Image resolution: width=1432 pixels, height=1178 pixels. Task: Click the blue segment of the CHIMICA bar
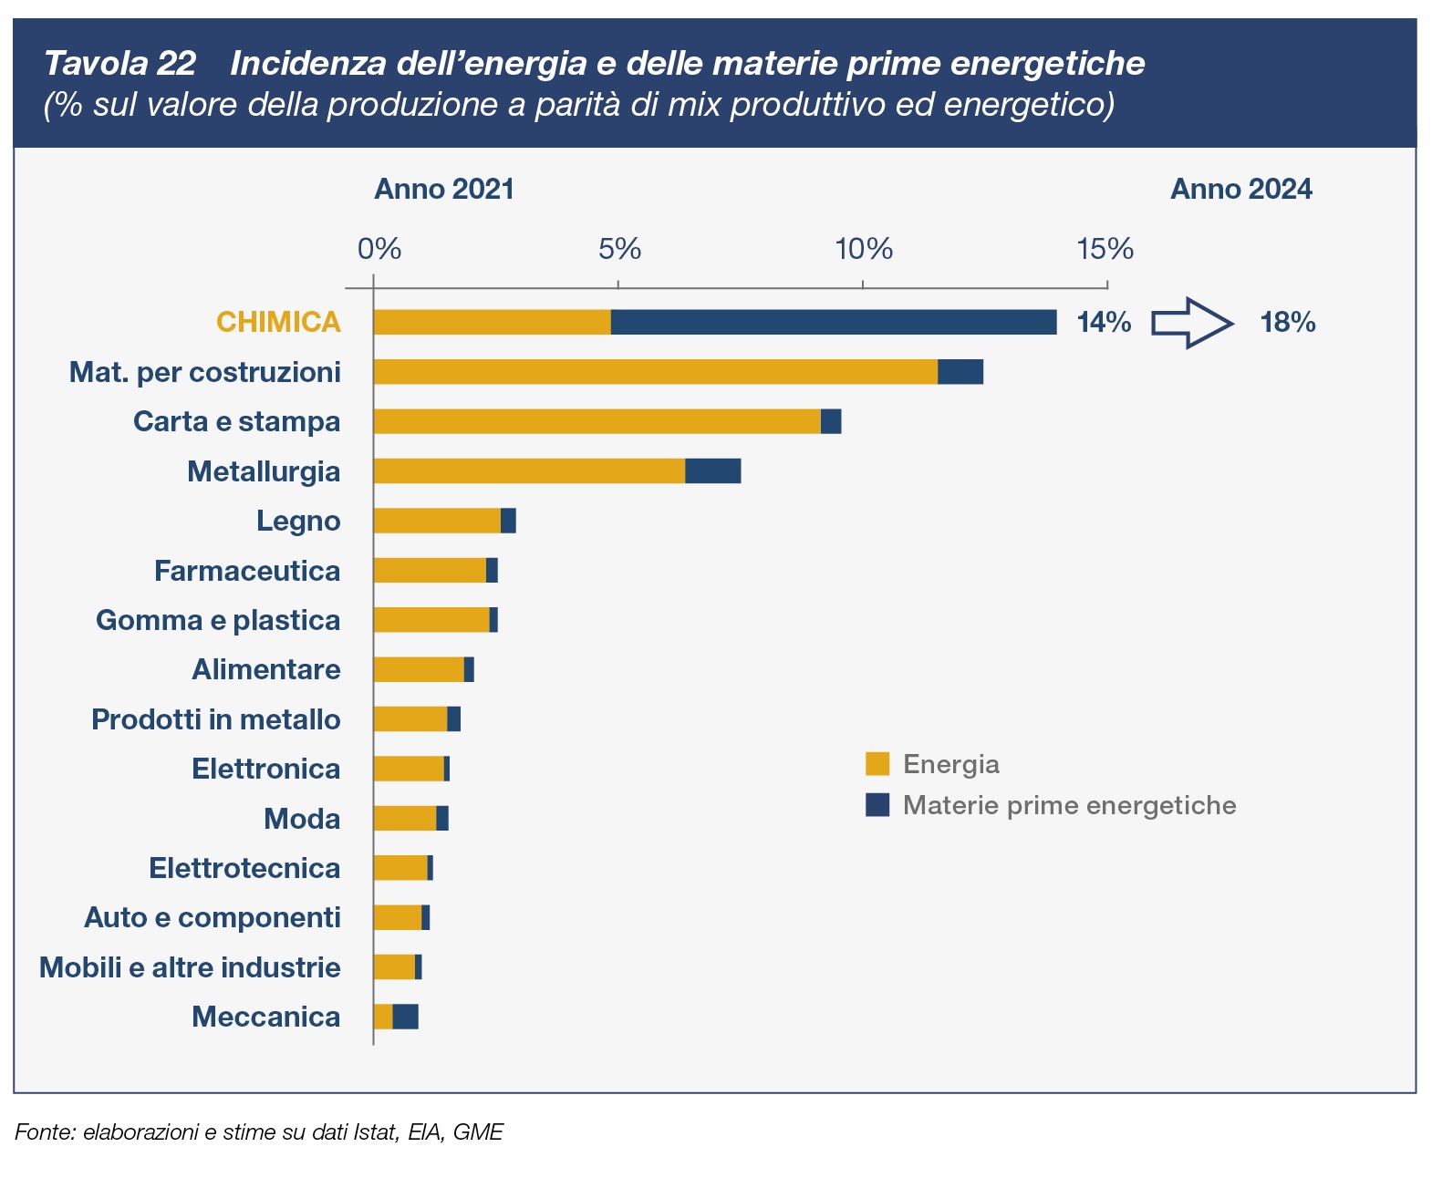pyautogui.click(x=834, y=322)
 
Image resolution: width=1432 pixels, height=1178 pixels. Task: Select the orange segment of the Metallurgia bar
pyautogui.click(x=529, y=470)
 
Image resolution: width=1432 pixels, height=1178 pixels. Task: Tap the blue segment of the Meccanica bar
pyautogui.click(x=406, y=1016)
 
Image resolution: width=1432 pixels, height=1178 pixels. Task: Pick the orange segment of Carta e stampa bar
pyautogui.click(x=597, y=421)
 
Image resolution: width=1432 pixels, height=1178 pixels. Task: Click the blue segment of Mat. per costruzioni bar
pyautogui.click(x=960, y=372)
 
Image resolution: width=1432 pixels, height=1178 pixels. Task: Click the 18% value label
pyautogui.click(x=1287, y=323)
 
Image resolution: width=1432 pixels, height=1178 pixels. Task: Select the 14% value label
pyautogui.click(x=1104, y=323)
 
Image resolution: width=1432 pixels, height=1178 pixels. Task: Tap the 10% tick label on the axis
pyautogui.click(x=864, y=249)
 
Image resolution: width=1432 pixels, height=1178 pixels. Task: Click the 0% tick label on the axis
pyautogui.click(x=379, y=249)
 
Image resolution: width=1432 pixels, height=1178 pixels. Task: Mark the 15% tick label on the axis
pyautogui.click(x=1105, y=249)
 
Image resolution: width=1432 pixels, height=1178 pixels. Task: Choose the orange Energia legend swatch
pyautogui.click(x=877, y=764)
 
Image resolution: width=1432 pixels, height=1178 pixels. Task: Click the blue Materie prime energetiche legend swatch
pyautogui.click(x=877, y=805)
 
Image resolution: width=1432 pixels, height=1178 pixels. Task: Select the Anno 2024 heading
pyautogui.click(x=1240, y=190)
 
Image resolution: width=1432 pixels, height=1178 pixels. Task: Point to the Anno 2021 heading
pyautogui.click(x=444, y=190)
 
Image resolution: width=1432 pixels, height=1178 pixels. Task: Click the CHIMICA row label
pyautogui.click(x=278, y=323)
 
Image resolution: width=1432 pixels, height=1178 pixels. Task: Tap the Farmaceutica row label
pyautogui.click(x=247, y=571)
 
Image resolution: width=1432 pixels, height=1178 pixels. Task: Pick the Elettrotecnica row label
pyautogui.click(x=244, y=868)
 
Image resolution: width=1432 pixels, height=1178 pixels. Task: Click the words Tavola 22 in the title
pyautogui.click(x=119, y=64)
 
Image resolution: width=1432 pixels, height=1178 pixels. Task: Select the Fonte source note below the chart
pyautogui.click(x=259, y=1132)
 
